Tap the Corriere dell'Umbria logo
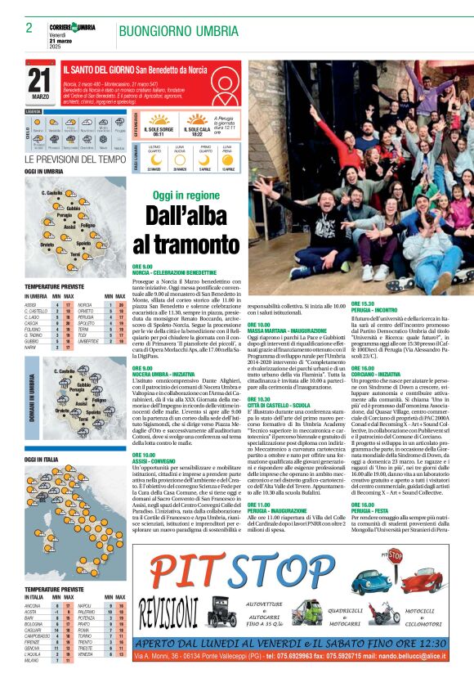tap(72, 28)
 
